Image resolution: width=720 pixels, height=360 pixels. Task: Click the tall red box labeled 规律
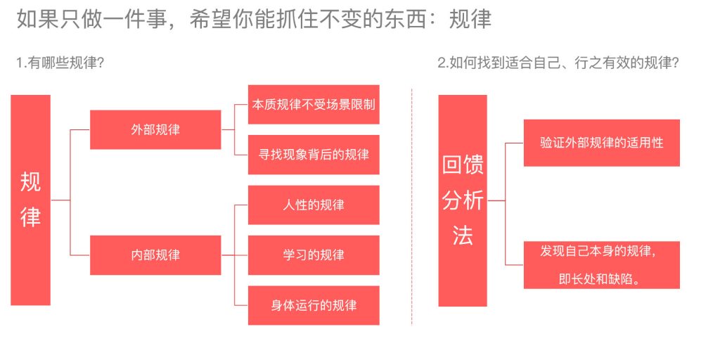[x=30, y=200]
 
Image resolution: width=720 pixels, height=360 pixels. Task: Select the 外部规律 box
[x=155, y=129]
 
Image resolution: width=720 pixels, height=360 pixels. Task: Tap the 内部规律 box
[x=155, y=255]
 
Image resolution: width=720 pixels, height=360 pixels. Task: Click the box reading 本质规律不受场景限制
[x=313, y=104]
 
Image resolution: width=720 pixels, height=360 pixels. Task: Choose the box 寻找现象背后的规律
[x=313, y=154]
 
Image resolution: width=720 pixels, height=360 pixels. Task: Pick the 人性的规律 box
[x=313, y=205]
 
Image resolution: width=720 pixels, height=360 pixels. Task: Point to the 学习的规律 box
[x=313, y=255]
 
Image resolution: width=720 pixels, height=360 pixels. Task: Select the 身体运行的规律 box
[x=313, y=305]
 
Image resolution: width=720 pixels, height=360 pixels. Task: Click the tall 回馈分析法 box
[x=462, y=200]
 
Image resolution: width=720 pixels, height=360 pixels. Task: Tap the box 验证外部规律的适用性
[x=601, y=143]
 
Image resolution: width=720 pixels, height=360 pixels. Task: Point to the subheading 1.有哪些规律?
[x=60, y=63]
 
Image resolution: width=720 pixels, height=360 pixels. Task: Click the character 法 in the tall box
[x=462, y=236]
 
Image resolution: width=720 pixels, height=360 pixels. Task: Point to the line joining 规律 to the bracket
[x=60, y=200]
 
